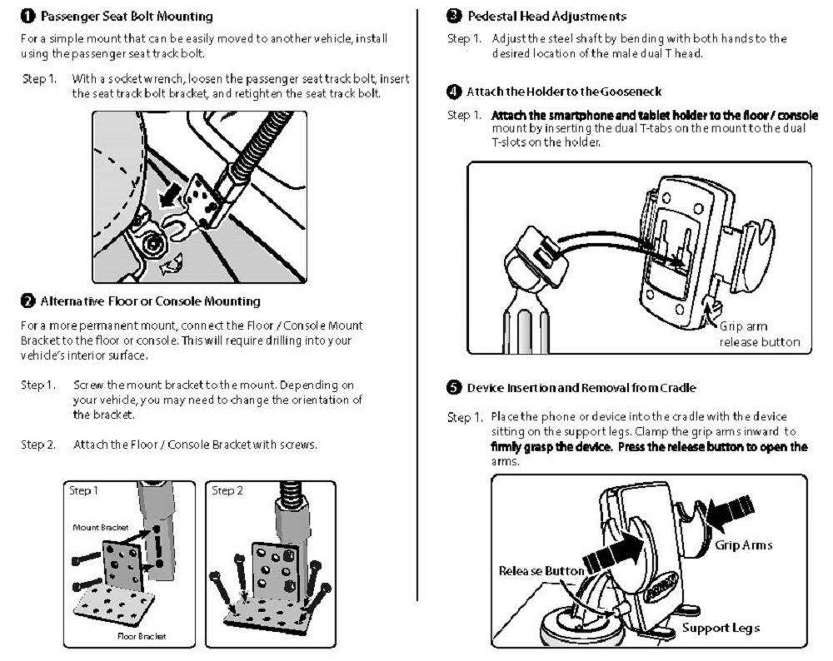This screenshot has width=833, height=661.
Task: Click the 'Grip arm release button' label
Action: pyautogui.click(x=760, y=334)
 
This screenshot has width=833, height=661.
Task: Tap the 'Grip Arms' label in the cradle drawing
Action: pyautogui.click(x=744, y=545)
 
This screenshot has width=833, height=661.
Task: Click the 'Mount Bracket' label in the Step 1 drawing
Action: pyautogui.click(x=97, y=528)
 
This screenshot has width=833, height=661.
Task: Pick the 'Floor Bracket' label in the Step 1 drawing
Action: pyautogui.click(x=142, y=636)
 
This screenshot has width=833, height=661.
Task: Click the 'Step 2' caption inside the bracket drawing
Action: pyautogui.click(x=228, y=491)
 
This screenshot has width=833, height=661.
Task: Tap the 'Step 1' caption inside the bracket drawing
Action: pyautogui.click(x=84, y=491)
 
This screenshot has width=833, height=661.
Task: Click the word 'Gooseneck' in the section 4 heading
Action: pyautogui.click(x=631, y=91)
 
